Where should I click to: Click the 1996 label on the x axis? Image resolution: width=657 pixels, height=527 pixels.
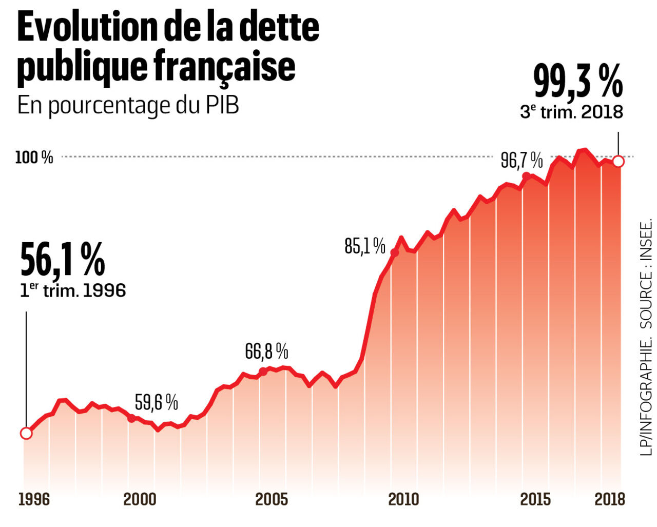[34, 499]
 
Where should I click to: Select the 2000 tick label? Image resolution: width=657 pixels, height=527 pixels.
[140, 499]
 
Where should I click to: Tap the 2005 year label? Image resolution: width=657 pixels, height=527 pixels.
[272, 499]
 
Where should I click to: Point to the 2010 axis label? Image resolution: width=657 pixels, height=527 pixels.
[403, 499]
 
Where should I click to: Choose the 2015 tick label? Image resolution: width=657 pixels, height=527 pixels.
[535, 499]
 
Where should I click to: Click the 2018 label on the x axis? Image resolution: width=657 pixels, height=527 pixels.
[610, 499]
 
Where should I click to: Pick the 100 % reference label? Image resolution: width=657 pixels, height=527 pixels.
[34, 157]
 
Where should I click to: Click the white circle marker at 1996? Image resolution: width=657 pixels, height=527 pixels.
[26, 433]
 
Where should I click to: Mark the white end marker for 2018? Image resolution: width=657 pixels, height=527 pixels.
[619, 162]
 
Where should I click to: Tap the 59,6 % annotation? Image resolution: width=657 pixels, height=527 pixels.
[156, 402]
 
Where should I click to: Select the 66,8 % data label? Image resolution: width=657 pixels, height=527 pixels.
[266, 352]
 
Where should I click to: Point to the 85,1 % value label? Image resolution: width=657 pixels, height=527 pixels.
[364, 246]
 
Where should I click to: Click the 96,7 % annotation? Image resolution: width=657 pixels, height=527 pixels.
[521, 161]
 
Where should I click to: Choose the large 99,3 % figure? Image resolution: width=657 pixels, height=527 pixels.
[578, 82]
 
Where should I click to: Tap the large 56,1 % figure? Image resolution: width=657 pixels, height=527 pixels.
[63, 260]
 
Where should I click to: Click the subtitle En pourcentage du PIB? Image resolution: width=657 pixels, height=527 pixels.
[128, 106]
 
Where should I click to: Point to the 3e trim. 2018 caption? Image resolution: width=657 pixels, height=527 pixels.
[571, 111]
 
